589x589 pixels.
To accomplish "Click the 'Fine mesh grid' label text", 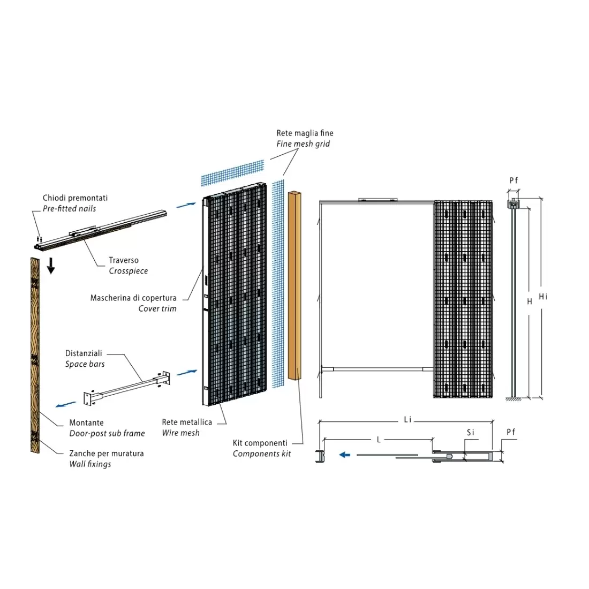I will point(303,144).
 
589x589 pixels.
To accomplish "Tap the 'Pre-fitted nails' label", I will point(70,208).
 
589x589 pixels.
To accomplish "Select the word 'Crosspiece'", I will point(129,271).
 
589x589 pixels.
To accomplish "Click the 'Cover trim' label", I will point(157,308).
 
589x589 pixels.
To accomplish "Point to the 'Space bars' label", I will point(85,364).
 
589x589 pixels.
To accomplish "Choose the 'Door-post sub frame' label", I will point(107,433).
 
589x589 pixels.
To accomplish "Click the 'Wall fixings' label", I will point(90,464).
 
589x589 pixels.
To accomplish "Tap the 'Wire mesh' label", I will point(180,433).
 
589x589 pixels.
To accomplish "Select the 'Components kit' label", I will point(262,454).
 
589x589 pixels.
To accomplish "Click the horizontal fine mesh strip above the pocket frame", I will point(233,172).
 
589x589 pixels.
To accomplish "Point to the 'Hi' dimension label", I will point(543,296).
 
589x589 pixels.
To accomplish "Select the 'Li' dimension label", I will point(407,420).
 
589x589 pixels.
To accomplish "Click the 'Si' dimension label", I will point(470,432).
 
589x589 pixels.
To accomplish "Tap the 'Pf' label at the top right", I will point(513,180).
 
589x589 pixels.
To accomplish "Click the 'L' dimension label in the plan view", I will point(379,439).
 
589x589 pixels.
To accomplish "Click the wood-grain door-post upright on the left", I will point(35,353).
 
